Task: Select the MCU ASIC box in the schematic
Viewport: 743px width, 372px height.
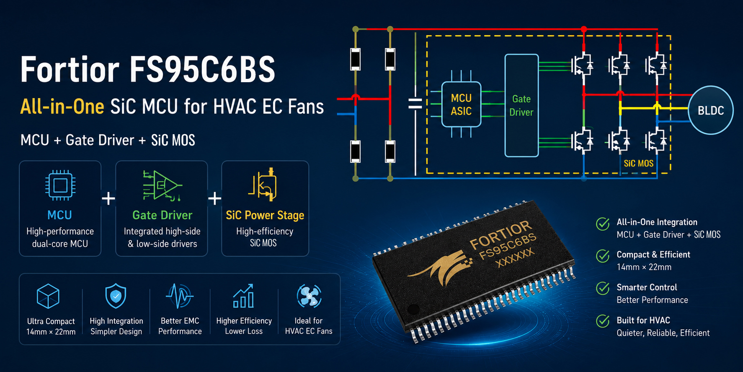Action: point(461,104)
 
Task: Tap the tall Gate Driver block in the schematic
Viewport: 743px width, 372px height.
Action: point(521,105)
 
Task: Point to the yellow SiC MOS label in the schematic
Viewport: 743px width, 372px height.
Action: point(638,164)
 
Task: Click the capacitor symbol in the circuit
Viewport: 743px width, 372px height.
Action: point(415,104)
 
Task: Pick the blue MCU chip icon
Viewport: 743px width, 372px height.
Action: point(60,185)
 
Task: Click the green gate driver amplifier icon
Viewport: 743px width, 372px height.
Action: point(162,185)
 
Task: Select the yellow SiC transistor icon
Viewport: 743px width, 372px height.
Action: point(263,185)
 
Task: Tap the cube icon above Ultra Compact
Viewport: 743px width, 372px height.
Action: point(48,296)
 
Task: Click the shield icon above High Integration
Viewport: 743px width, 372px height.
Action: point(116,296)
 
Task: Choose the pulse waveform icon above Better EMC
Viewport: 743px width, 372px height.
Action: point(180,296)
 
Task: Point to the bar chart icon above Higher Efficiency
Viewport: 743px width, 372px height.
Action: point(243,296)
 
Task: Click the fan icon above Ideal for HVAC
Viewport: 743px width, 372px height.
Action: point(309,296)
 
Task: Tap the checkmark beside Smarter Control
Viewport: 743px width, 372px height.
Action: point(603,288)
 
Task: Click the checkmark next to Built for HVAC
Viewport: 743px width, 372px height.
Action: point(603,321)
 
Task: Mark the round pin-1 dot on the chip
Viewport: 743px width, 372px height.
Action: point(413,310)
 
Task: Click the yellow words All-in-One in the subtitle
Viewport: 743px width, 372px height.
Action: point(62,107)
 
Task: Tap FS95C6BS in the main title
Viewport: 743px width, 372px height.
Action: point(202,70)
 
